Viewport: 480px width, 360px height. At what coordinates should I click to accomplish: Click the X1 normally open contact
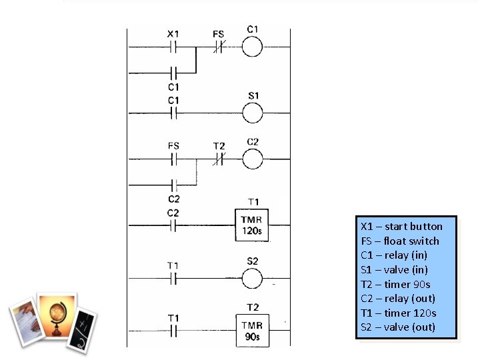173,47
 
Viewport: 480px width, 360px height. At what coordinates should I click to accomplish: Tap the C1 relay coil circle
253,47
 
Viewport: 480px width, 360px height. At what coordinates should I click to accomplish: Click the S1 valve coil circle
253,113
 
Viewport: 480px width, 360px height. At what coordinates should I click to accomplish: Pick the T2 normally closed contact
219,160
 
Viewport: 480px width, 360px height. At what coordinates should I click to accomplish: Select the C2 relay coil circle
253,160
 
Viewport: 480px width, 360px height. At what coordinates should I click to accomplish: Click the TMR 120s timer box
253,227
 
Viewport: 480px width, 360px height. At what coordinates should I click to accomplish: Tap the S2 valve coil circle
253,279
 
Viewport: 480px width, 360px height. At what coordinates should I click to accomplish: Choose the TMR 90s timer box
253,331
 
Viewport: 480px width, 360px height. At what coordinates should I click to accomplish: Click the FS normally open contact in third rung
173,160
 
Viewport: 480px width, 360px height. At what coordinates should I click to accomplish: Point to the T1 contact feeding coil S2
173,279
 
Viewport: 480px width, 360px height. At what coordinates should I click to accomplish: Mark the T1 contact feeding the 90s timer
173,331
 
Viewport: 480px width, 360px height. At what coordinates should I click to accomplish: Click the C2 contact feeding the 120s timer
173,227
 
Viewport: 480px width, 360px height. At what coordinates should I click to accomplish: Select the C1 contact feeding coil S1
173,113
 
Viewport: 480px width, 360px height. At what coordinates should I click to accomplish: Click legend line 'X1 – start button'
401,226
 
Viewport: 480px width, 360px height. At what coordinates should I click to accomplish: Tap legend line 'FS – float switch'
400,241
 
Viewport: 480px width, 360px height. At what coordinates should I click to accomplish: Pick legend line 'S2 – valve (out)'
398,327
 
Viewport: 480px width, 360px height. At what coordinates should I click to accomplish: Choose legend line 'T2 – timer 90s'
395,284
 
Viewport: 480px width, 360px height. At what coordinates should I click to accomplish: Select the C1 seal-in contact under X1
173,72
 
